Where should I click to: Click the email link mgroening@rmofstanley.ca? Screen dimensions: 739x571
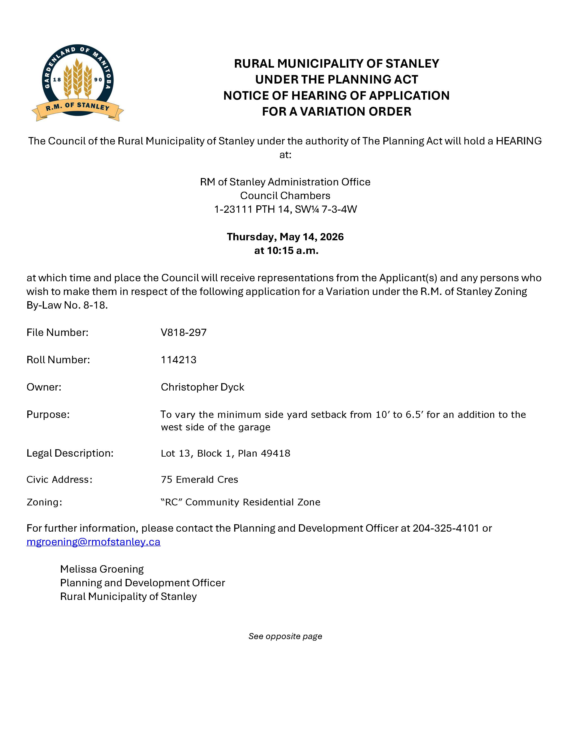pyautogui.click(x=93, y=542)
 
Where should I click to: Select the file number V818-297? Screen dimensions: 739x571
pyautogui.click(x=184, y=333)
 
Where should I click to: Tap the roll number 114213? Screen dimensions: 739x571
pyautogui.click(x=179, y=360)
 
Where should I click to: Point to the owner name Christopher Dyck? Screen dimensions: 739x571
pyautogui.click(x=202, y=387)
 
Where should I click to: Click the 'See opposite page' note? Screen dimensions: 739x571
pyautogui.click(x=285, y=636)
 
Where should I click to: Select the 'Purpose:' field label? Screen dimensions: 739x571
pyautogui.click(x=48, y=415)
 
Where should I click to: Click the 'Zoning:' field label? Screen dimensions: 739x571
pyautogui.click(x=44, y=502)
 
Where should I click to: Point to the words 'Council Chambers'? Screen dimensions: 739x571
pyautogui.click(x=285, y=195)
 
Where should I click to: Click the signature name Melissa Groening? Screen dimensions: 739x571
pyautogui.click(x=102, y=569)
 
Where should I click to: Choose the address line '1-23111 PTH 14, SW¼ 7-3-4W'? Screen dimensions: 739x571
pyautogui.click(x=285, y=209)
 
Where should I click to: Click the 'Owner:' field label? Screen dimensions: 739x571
pyautogui.click(x=44, y=387)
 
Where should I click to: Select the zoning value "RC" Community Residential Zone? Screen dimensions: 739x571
pyautogui.click(x=240, y=502)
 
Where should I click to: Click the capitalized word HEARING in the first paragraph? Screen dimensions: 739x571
pyautogui.click(x=519, y=141)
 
